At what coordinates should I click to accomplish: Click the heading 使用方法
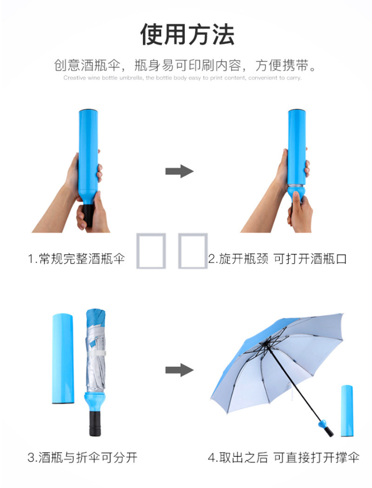click(187, 34)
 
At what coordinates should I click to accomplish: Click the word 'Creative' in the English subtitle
click(75, 78)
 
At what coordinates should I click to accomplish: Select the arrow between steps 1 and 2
click(179, 171)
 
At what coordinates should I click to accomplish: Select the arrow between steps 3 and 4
click(179, 370)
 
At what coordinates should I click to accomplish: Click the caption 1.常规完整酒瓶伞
click(77, 258)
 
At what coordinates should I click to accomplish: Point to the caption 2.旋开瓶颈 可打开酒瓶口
click(277, 258)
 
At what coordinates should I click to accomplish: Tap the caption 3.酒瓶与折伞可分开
click(82, 457)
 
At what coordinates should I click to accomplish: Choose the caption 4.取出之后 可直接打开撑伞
click(284, 457)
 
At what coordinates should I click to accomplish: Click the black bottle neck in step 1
click(88, 215)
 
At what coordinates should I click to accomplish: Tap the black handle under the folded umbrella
click(95, 423)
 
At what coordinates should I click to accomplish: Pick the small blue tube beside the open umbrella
click(347, 410)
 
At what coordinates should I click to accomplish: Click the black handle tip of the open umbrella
click(329, 431)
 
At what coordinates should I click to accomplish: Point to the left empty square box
click(151, 251)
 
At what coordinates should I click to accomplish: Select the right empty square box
click(193, 251)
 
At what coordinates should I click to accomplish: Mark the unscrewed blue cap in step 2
click(297, 193)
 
